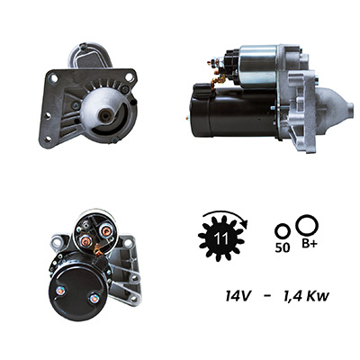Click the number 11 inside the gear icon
click(221, 238)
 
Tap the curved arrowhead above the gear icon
click(245, 223)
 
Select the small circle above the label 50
click(283, 231)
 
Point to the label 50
click(283, 247)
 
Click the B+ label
click(309, 245)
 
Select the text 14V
click(238, 296)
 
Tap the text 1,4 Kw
click(306, 297)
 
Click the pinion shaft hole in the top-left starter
click(105, 114)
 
